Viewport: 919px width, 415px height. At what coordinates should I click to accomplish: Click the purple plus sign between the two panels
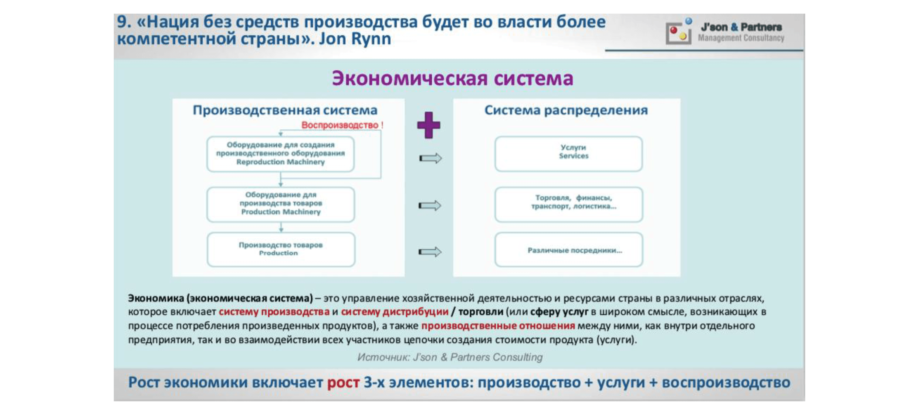(x=428, y=125)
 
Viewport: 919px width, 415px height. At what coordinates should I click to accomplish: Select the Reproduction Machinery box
(x=280, y=154)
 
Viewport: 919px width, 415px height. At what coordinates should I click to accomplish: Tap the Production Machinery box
(x=280, y=204)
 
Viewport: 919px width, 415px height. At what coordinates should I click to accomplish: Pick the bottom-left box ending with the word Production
(x=280, y=249)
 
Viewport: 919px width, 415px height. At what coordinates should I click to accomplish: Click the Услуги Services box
(x=568, y=153)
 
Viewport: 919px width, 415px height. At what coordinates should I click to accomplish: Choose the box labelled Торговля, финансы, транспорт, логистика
(x=568, y=204)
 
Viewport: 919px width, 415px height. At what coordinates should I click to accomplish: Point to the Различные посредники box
(x=568, y=249)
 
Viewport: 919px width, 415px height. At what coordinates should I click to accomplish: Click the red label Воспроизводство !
(x=342, y=125)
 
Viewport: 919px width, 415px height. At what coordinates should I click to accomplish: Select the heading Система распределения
(x=566, y=110)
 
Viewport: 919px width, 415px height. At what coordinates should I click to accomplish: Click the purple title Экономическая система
(x=452, y=78)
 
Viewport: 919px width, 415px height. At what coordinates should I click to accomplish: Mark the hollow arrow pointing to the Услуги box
(x=430, y=158)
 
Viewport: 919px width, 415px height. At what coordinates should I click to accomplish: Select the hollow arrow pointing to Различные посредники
(x=430, y=252)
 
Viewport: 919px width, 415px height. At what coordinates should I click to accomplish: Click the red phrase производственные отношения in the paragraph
(x=498, y=326)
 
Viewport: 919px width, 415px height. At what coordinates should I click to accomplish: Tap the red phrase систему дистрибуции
(x=394, y=312)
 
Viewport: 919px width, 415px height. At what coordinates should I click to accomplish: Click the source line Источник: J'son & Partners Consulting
(x=450, y=357)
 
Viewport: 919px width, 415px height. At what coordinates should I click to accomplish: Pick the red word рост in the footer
(x=343, y=383)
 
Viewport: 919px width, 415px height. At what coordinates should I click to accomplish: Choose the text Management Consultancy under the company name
(x=741, y=38)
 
